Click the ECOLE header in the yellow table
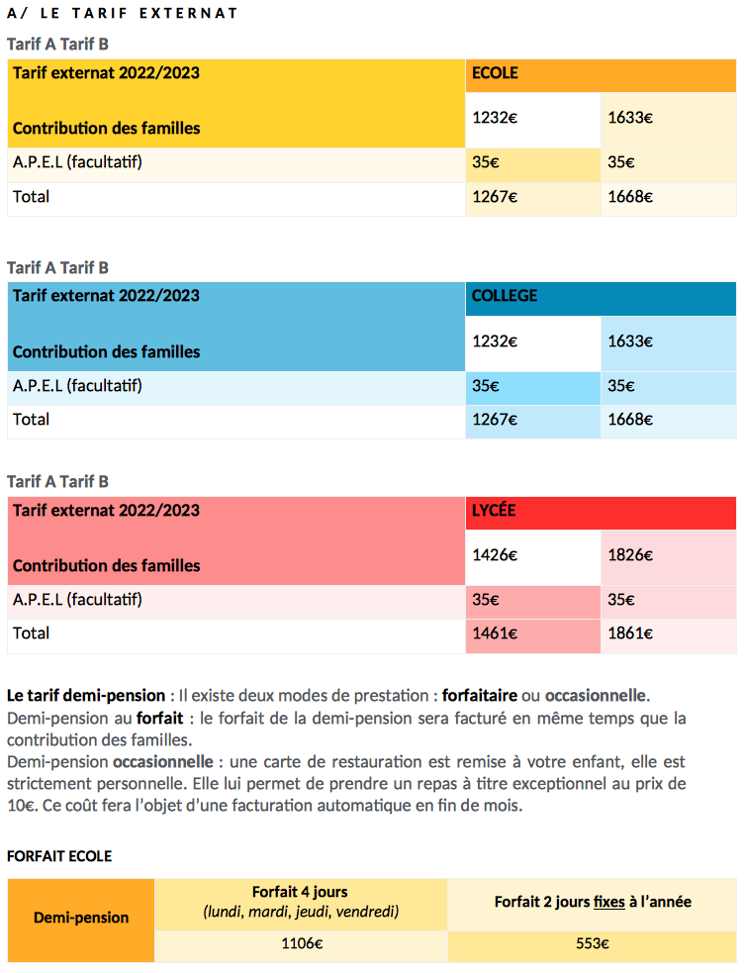(x=495, y=73)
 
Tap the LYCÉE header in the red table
(x=494, y=510)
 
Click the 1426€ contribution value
(x=494, y=554)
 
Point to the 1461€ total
(x=494, y=632)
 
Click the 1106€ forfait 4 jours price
(x=302, y=943)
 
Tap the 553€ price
(x=592, y=943)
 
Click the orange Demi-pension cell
(x=81, y=920)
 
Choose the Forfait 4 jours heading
(x=300, y=892)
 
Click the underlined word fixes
(x=608, y=902)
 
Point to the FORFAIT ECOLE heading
(x=59, y=856)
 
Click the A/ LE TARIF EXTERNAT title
(x=122, y=13)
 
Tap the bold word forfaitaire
(x=479, y=696)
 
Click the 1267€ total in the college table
(x=494, y=420)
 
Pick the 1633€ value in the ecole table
(x=630, y=117)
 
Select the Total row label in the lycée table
(x=31, y=632)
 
